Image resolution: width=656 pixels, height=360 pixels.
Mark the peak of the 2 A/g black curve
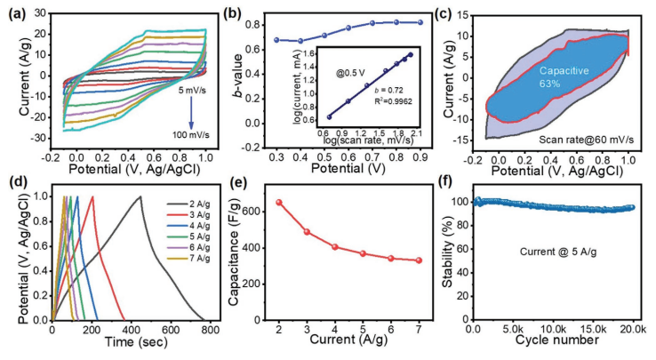(x=140, y=196)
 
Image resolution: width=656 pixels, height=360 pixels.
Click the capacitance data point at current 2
(x=279, y=202)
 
